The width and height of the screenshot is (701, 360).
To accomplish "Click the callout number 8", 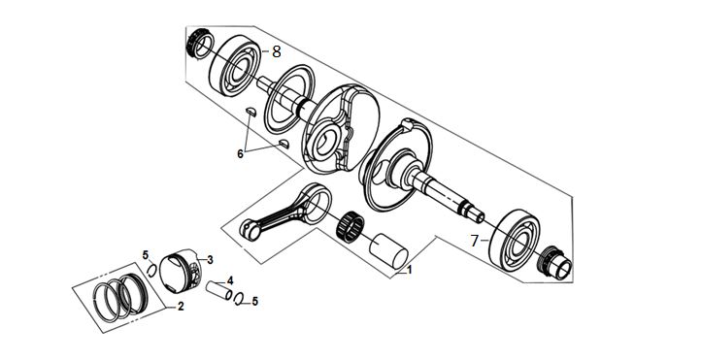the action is click(277, 51).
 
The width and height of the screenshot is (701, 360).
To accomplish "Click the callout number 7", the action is click(475, 242).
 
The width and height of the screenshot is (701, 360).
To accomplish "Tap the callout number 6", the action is click(240, 153).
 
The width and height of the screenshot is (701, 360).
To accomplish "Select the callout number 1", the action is click(409, 270).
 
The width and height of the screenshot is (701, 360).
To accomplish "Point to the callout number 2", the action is click(181, 307).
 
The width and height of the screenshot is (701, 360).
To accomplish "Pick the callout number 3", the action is click(210, 259).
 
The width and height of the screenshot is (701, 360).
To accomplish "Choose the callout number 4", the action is click(230, 280).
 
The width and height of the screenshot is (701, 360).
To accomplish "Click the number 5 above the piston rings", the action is click(146, 255).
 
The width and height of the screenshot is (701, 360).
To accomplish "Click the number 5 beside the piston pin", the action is click(254, 301).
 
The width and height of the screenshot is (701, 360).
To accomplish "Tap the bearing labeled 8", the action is click(235, 66).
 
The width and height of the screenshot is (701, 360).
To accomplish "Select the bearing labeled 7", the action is click(514, 240).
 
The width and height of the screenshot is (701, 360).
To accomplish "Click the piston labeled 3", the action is click(181, 271).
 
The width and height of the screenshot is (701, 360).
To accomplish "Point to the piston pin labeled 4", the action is click(219, 290).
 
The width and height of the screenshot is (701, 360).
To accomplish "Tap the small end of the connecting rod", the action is click(250, 229).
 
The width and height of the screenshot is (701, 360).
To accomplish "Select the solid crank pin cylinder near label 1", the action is click(388, 251).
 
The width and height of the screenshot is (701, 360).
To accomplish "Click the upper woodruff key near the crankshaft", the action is click(250, 112).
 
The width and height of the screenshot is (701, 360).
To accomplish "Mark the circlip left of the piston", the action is click(152, 270).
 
